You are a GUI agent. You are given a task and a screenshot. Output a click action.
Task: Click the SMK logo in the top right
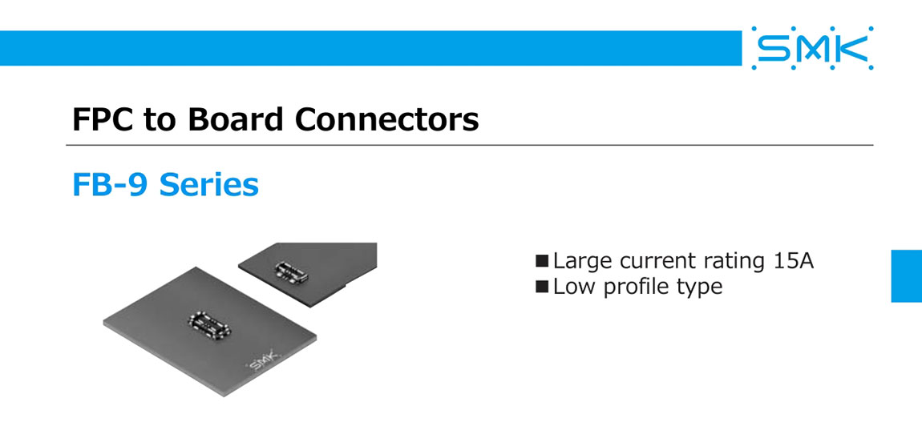812,48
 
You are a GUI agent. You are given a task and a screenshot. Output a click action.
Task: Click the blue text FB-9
111,185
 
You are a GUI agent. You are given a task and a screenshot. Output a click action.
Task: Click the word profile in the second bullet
637,286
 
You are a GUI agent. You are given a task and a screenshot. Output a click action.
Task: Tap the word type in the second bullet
701,287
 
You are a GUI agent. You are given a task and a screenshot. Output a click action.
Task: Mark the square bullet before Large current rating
542,261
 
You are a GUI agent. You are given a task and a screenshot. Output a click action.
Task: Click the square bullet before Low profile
542,286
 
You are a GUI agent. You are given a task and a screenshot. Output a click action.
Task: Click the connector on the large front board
208,319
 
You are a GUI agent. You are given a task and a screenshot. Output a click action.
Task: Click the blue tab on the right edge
906,275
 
